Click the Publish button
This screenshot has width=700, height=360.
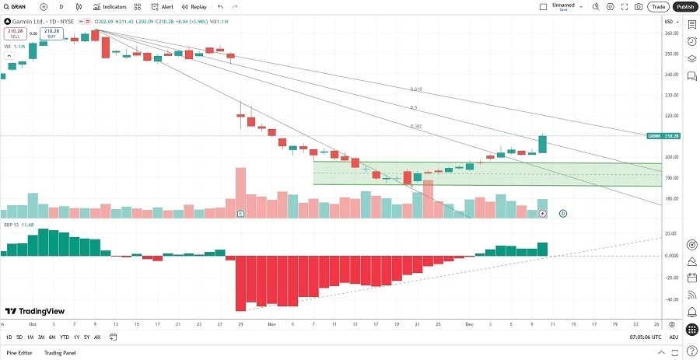tap(684, 6)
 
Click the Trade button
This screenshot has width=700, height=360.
tap(658, 6)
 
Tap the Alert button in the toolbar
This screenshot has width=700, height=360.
tap(163, 6)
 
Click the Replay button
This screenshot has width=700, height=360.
tap(194, 6)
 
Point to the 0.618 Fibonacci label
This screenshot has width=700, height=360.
tap(417, 89)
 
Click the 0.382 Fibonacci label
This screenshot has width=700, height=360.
tap(416, 126)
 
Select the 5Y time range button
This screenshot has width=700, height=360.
tap(86, 337)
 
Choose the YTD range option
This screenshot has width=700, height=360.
tap(64, 337)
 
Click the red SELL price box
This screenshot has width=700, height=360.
tap(16, 33)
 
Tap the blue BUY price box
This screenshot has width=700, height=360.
tap(51, 33)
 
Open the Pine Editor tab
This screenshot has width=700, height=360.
tap(20, 353)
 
